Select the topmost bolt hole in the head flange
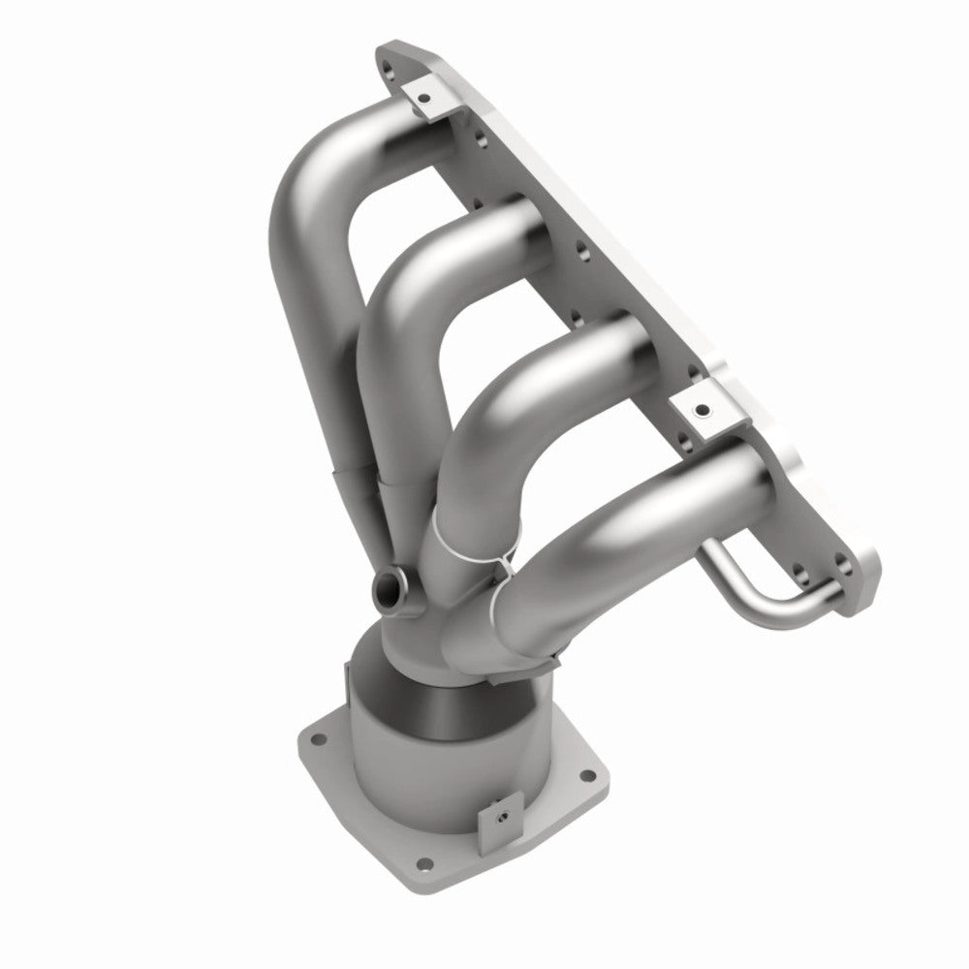(389, 68)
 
